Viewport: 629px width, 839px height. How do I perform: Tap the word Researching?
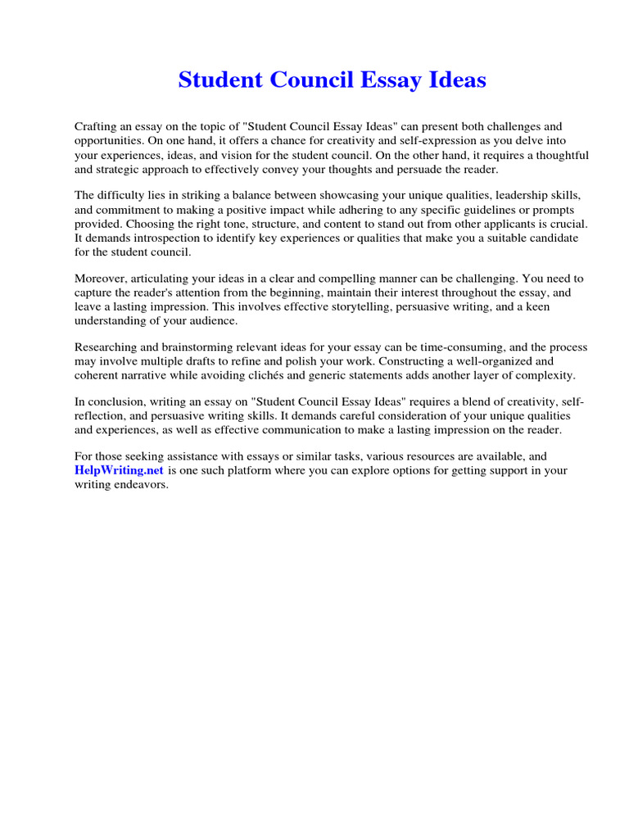pyautogui.click(x=106, y=347)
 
